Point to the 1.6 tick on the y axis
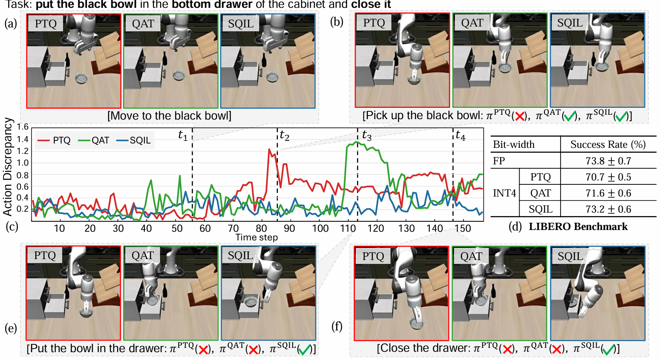pyautogui.click(x=23, y=127)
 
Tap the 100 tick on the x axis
pyautogui.click(x=320, y=228)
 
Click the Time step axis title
pyautogui.click(x=257, y=237)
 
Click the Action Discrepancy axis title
pyautogui.click(x=7, y=167)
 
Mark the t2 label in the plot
pyautogui.click(x=284, y=136)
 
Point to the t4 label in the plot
pyautogui.click(x=460, y=136)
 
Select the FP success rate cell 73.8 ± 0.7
pyautogui.click(x=608, y=161)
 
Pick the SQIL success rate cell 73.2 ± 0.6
pyautogui.click(x=608, y=209)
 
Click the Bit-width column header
pyautogui.click(x=514, y=144)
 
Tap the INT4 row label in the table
pyautogui.click(x=504, y=193)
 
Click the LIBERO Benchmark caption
pyautogui.click(x=578, y=227)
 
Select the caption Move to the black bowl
pyautogui.click(x=169, y=116)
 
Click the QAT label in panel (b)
pyautogui.click(x=472, y=23)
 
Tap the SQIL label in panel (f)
pyautogui.click(x=570, y=256)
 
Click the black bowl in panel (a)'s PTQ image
pyautogui.click(x=82, y=78)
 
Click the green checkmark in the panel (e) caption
pyautogui.click(x=305, y=349)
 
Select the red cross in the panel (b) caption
pyautogui.click(x=519, y=117)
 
